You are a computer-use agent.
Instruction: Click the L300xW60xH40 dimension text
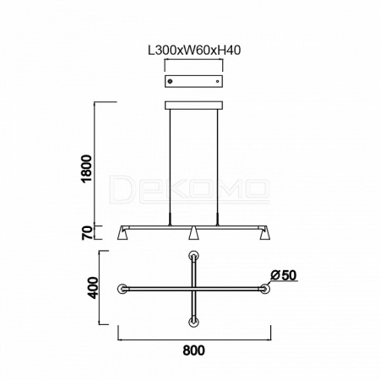point(194,51)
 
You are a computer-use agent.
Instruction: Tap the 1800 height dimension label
point(87,169)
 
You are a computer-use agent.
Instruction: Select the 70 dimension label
point(87,232)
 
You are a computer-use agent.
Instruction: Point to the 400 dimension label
point(93,288)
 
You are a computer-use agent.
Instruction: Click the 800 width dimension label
point(194,350)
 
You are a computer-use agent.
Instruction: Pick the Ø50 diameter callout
point(284,275)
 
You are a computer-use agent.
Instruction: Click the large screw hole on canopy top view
point(170,81)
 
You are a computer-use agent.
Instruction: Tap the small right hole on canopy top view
point(217,81)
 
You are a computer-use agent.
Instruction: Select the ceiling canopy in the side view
point(193,105)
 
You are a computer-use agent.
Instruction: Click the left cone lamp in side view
point(122,233)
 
